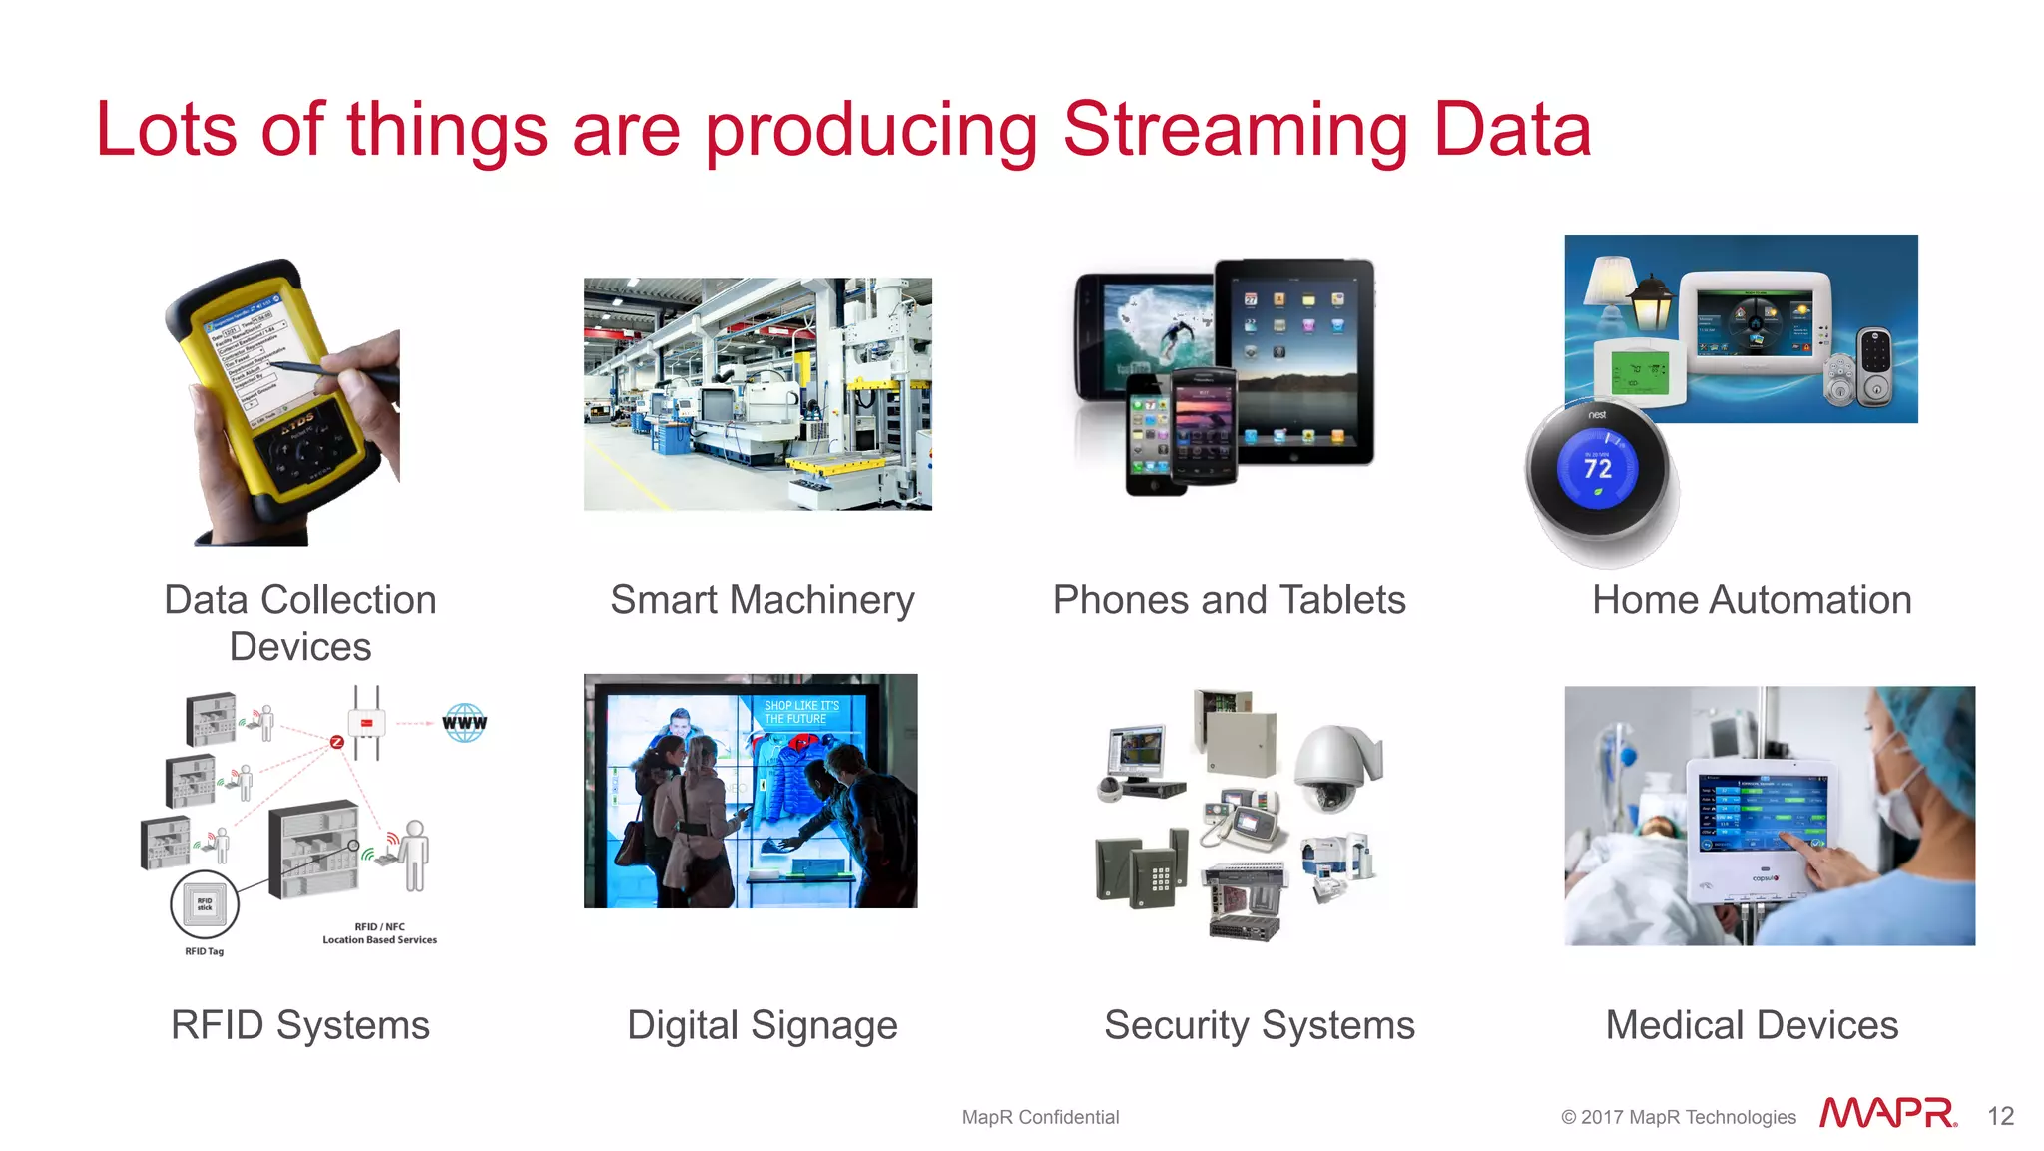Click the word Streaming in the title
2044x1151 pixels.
coord(1236,131)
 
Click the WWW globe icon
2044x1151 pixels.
coord(465,722)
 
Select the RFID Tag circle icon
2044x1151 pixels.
coord(205,904)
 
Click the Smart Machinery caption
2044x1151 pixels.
coord(763,600)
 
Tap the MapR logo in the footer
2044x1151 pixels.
coord(1887,1113)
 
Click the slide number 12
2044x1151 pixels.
coord(2000,1116)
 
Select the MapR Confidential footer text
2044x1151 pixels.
coord(1040,1117)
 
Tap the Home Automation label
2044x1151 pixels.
coord(1752,600)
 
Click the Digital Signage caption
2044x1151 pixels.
coord(763,1025)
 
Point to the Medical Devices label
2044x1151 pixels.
coord(1752,1025)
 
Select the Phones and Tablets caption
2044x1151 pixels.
coord(1229,600)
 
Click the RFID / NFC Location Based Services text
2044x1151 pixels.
coord(379,933)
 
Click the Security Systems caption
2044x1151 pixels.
coord(1260,1025)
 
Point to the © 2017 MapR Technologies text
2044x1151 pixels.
coord(1679,1117)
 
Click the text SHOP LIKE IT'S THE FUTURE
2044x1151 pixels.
coord(800,712)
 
